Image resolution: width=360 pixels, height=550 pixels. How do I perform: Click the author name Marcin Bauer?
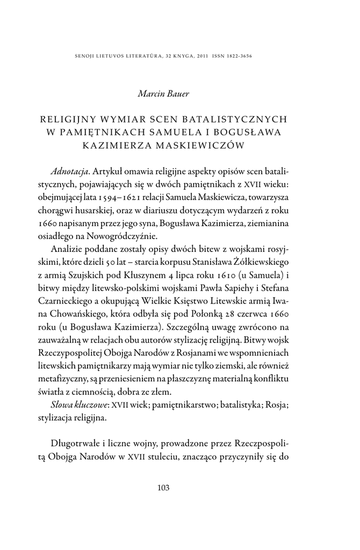click(163, 95)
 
